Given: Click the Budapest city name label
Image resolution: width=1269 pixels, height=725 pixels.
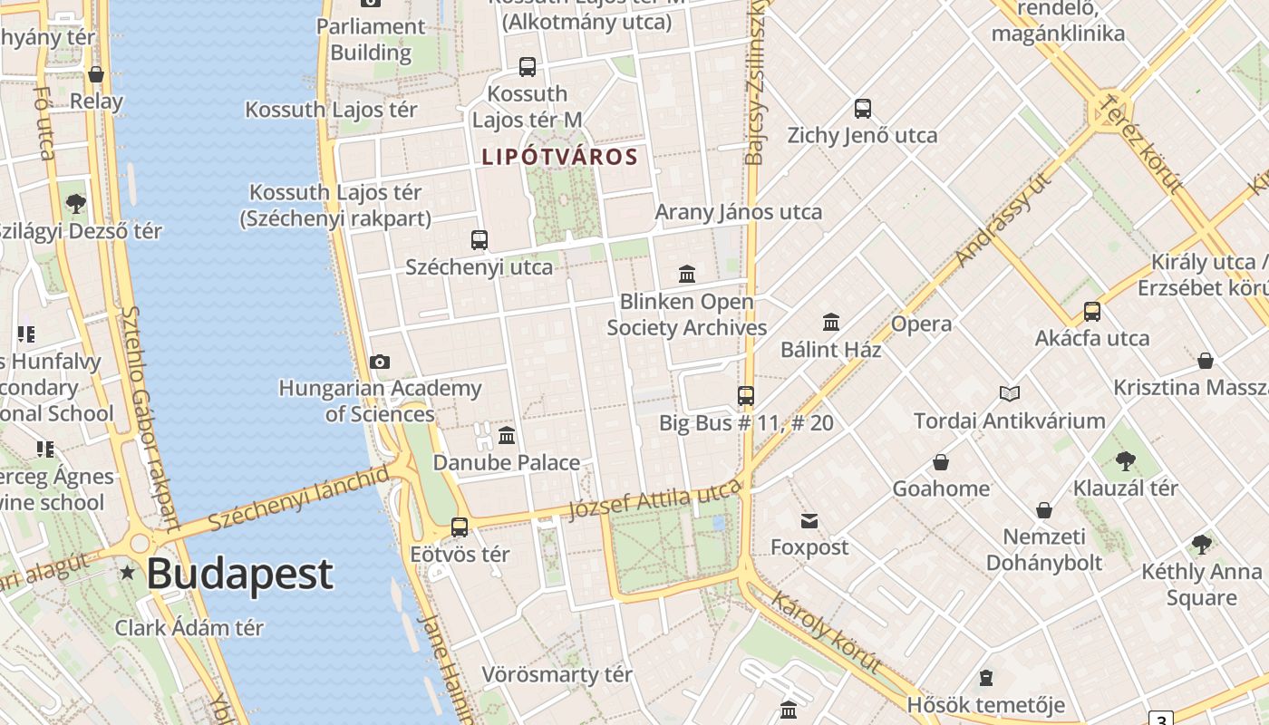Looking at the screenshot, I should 239,575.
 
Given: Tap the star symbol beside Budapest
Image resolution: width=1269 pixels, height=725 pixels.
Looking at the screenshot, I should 128,573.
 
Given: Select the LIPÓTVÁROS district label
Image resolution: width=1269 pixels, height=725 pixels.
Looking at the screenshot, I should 559,157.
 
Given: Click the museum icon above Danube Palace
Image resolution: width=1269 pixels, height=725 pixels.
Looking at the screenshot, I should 507,435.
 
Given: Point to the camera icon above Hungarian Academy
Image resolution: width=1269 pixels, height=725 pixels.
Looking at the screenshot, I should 380,362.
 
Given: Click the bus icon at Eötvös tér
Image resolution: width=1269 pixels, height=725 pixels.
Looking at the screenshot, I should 460,527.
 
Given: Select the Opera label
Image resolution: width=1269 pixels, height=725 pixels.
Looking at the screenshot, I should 921,324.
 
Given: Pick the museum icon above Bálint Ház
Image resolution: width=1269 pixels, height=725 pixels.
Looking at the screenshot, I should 831,322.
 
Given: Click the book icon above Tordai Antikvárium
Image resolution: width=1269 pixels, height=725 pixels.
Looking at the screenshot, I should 1010,393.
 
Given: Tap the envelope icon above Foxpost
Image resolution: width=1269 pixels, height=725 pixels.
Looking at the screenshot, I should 809,520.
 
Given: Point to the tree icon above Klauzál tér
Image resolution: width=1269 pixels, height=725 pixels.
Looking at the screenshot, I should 1126,460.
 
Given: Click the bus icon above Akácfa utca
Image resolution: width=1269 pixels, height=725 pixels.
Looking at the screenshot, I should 1092,312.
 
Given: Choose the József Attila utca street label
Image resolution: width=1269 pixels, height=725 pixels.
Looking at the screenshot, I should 654,500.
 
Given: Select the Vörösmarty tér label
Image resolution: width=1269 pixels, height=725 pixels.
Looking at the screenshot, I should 557,675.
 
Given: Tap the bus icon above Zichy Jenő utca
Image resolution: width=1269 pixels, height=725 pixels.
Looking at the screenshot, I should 863,109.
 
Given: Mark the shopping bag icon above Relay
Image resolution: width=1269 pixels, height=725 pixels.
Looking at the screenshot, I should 96,74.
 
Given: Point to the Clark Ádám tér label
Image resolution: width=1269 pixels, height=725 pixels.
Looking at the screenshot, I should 189,628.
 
